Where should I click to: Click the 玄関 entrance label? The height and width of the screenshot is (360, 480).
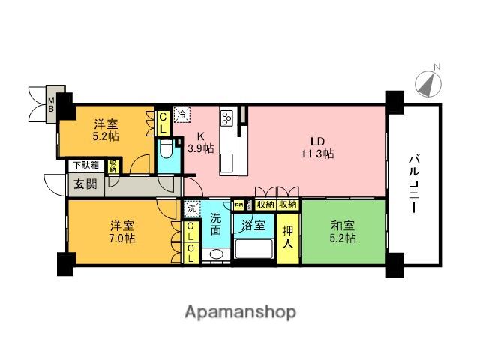click(x=84, y=184)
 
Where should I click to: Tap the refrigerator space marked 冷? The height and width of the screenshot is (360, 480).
click(x=181, y=114)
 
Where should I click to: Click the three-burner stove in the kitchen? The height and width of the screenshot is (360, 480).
click(x=227, y=118)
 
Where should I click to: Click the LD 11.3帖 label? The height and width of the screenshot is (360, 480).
click(x=319, y=146)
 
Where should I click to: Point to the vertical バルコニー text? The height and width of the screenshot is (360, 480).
click(x=413, y=182)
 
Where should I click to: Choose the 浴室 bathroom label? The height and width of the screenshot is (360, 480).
click(x=252, y=224)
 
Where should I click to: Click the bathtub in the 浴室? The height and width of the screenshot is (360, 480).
click(x=253, y=250)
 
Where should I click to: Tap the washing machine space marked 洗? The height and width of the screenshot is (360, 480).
click(x=191, y=208)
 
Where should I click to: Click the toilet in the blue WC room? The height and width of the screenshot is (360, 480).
click(x=166, y=154)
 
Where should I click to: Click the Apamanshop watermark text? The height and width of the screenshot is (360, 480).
click(x=239, y=311)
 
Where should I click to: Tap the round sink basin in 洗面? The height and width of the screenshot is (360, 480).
click(x=216, y=255)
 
